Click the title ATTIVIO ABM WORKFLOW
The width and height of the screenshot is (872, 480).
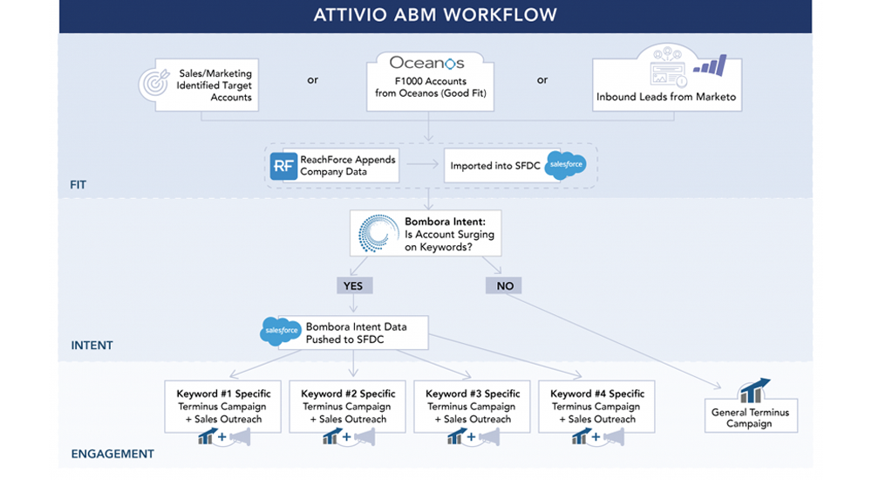pyautogui.click(x=435, y=15)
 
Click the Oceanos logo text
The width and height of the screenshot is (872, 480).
pyautogui.click(x=426, y=63)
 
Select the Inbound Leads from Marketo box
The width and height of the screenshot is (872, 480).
pyautogui.click(x=666, y=85)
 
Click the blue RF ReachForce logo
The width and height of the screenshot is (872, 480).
pyautogui.click(x=283, y=165)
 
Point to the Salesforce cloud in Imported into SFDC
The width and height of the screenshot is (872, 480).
pyautogui.click(x=564, y=164)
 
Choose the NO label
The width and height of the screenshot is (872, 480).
pyautogui.click(x=505, y=285)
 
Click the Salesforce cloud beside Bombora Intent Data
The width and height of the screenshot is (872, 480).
pyautogui.click(x=281, y=331)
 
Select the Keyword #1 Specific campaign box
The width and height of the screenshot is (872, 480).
pyautogui.click(x=223, y=406)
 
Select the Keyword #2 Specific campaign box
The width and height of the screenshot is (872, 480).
pyautogui.click(x=348, y=406)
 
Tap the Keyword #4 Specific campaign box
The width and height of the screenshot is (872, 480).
pyautogui.click(x=597, y=406)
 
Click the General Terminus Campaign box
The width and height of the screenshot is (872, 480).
pyautogui.click(x=750, y=416)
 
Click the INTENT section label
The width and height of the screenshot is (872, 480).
pyautogui.click(x=92, y=346)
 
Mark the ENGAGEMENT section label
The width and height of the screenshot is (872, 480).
pyautogui.click(x=112, y=454)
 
